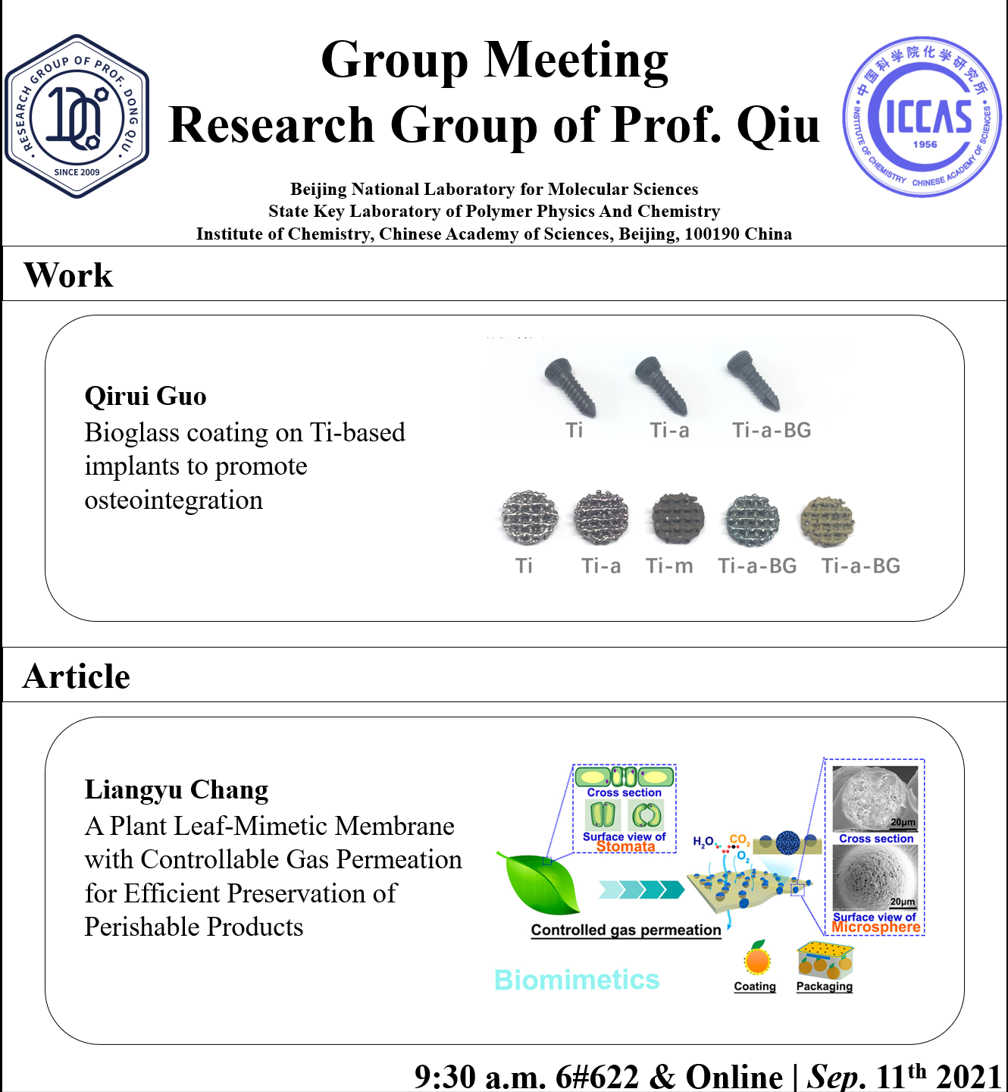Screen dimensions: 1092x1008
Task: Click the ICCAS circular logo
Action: click(x=924, y=118)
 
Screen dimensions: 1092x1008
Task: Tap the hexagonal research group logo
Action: click(x=77, y=117)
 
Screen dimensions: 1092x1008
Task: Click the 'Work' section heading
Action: click(x=68, y=275)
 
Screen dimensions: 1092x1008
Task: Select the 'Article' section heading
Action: click(x=77, y=676)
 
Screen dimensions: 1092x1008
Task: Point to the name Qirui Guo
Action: click(x=146, y=396)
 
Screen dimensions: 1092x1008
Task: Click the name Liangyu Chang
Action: click(x=177, y=789)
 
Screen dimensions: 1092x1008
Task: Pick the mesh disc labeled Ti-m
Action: click(x=678, y=519)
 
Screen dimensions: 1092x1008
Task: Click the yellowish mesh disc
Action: click(x=828, y=521)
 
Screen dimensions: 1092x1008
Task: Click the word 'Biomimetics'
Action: click(x=577, y=980)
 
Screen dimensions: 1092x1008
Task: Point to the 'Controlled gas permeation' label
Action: click(x=626, y=930)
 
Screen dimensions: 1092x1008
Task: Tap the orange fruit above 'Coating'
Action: click(x=757, y=959)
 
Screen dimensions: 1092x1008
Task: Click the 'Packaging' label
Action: click(x=825, y=986)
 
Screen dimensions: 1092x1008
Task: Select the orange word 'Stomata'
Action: click(x=625, y=846)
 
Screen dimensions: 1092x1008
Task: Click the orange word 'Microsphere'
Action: click(x=876, y=927)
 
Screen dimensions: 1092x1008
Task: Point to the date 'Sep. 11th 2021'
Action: click(x=905, y=1076)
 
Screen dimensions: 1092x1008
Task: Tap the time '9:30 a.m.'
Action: click(x=480, y=1076)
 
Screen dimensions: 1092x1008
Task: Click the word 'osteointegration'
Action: click(x=174, y=500)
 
